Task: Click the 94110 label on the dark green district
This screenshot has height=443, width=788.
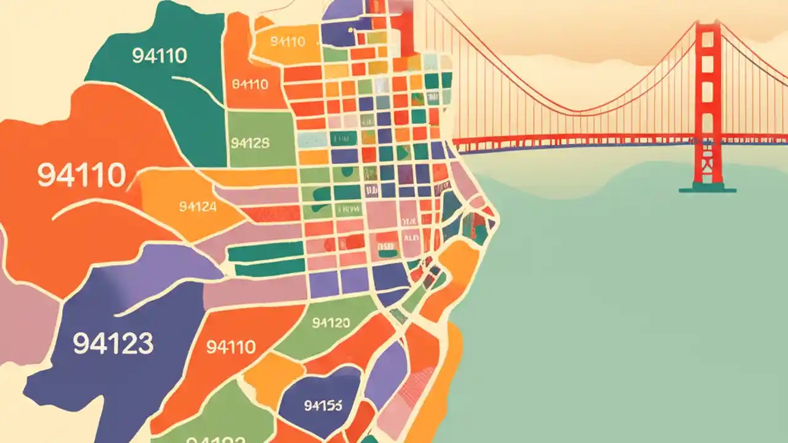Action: pyautogui.click(x=159, y=56)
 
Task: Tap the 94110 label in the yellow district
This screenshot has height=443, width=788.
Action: pyautogui.click(x=287, y=42)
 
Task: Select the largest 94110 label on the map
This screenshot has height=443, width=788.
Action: pyautogui.click(x=82, y=175)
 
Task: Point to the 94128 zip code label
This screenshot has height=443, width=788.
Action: pyautogui.click(x=250, y=143)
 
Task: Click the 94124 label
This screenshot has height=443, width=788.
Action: pyautogui.click(x=198, y=207)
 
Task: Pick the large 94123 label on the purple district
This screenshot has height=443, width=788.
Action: pyautogui.click(x=113, y=343)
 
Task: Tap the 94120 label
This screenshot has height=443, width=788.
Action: pyautogui.click(x=331, y=323)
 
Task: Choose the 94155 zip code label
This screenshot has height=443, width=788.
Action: pyautogui.click(x=323, y=405)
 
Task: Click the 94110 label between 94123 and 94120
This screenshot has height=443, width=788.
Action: pyautogui.click(x=231, y=347)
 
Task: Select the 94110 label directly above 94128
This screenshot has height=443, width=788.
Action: pyautogui.click(x=250, y=84)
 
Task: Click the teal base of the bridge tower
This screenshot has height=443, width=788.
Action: pyautogui.click(x=707, y=188)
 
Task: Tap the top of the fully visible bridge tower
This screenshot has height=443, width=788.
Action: pyautogui.click(x=707, y=25)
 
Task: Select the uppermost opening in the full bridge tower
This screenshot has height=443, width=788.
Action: pyautogui.click(x=707, y=46)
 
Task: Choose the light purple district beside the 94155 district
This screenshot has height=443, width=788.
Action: pyautogui.click(x=385, y=369)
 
